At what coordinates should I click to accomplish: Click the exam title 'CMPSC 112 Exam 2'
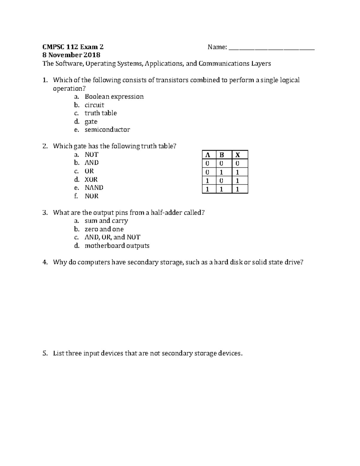tap(73, 47)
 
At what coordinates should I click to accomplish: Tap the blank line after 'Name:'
tap(271, 47)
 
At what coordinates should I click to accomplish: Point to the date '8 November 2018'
tap(71, 55)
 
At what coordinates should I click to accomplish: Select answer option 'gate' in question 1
tap(91, 122)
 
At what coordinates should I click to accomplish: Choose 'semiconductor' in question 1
tap(107, 130)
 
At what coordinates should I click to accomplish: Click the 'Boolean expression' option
tap(114, 97)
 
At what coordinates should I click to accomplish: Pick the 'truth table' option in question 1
tap(100, 113)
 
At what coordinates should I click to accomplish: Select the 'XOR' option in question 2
tap(91, 179)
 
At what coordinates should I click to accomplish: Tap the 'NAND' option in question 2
tap(94, 188)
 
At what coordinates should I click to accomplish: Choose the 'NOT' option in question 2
tap(91, 155)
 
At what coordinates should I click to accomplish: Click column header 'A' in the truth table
tap(207, 155)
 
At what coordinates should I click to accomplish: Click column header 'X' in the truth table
tap(238, 155)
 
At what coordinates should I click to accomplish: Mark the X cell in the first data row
tap(238, 164)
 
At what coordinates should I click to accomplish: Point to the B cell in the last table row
tap(222, 189)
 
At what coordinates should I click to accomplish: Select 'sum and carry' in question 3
tap(106, 221)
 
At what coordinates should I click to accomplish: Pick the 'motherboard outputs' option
tap(117, 246)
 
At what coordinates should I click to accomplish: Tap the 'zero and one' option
tap(104, 229)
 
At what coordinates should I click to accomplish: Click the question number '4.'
tap(45, 262)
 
